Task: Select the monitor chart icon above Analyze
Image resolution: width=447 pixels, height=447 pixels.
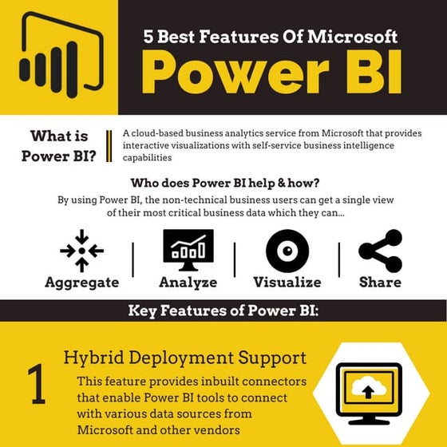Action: pyautogui.click(x=188, y=249)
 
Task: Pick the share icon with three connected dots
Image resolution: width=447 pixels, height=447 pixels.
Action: pyautogui.click(x=380, y=251)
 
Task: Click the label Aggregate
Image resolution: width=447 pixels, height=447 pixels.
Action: pyautogui.click(x=81, y=282)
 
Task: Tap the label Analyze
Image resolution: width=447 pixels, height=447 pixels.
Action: pyautogui.click(x=188, y=282)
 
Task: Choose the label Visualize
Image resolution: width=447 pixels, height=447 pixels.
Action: pyautogui.click(x=287, y=282)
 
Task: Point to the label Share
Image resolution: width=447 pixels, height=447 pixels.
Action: pyautogui.click(x=380, y=282)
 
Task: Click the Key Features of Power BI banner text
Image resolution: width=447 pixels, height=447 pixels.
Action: pyautogui.click(x=223, y=311)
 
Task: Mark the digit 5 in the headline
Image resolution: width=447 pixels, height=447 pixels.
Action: pyautogui.click(x=149, y=36)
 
